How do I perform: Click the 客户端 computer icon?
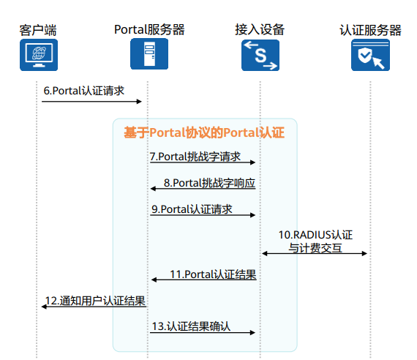39,55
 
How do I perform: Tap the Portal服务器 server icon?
149,53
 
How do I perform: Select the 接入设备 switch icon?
260,56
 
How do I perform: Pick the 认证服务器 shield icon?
370,55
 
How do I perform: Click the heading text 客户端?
38,30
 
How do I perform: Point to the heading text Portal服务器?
149,29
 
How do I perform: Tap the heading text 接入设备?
260,29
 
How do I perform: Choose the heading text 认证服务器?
370,30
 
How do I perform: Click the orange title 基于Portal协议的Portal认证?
204,132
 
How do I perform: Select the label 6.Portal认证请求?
84,91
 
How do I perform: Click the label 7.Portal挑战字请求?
195,157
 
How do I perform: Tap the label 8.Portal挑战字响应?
209,183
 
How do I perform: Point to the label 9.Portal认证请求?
192,209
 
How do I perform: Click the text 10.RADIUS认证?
315,235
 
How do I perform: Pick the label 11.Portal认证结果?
213,274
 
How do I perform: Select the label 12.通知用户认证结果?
95,301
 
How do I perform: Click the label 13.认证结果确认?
191,326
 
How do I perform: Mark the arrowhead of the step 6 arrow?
139,102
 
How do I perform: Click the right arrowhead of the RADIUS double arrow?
364,254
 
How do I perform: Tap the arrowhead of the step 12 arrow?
44,307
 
